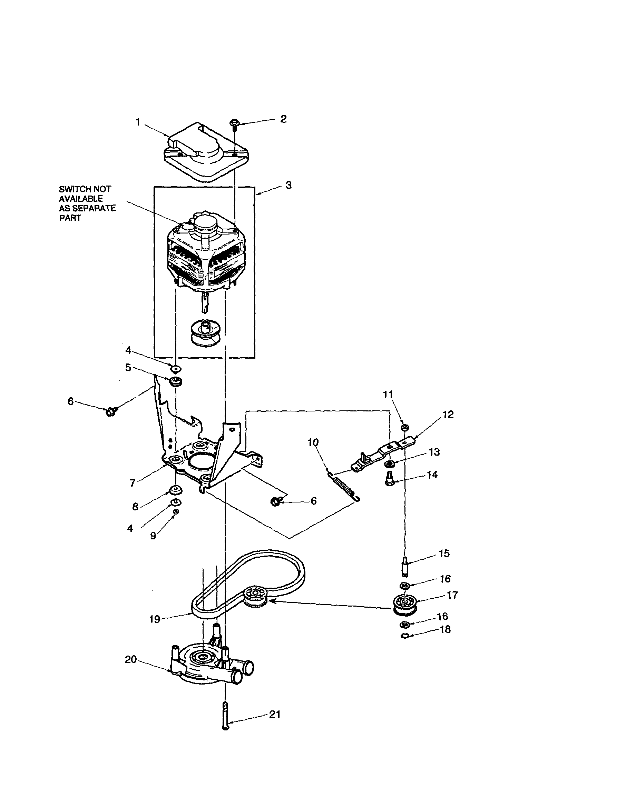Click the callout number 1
(x=138, y=122)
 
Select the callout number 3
(x=288, y=185)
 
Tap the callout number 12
(x=448, y=415)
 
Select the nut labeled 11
(x=405, y=428)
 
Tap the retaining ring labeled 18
(x=405, y=636)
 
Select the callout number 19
(x=155, y=619)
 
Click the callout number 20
(x=130, y=660)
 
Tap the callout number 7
(x=132, y=483)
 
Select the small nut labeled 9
(x=176, y=511)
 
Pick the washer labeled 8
(x=175, y=491)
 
